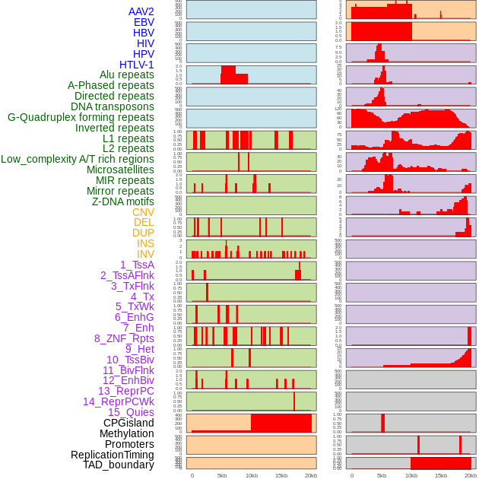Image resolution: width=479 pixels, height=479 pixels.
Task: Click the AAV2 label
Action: [x=141, y=11]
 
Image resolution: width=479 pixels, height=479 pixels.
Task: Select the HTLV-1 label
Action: [x=137, y=65]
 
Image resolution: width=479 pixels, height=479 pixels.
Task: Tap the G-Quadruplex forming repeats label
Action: [x=81, y=117]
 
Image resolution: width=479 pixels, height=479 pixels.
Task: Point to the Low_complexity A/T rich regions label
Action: [x=78, y=159]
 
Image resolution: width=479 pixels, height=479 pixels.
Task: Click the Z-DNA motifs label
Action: [x=123, y=201]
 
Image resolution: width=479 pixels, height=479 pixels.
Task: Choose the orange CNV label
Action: [x=143, y=212]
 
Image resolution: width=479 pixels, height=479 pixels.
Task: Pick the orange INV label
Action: [x=145, y=254]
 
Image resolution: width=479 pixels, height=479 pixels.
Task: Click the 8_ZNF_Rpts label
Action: [x=124, y=338]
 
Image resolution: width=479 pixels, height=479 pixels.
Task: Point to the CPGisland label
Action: [x=128, y=423]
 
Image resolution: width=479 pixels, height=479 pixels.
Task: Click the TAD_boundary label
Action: [x=119, y=465]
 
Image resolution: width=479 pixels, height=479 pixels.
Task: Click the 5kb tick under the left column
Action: [x=222, y=475]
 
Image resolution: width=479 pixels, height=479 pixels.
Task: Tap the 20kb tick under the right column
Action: [x=471, y=475]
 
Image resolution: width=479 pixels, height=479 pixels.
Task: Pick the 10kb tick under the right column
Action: [x=411, y=475]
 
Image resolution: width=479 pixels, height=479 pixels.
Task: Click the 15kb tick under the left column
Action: [x=281, y=475]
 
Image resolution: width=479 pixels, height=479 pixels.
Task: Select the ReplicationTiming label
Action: [x=112, y=455]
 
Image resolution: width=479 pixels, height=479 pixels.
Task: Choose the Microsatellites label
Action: [x=120, y=170]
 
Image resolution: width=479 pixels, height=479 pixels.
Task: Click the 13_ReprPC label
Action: [x=126, y=391]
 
